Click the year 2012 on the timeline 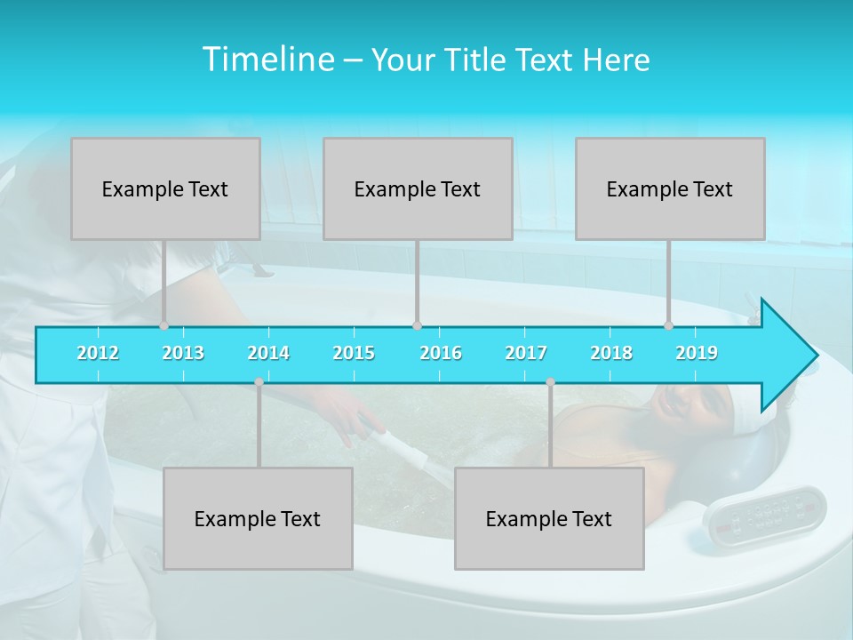click(x=98, y=353)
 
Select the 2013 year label click(x=183, y=353)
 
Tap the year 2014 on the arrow click(x=268, y=353)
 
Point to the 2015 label click(x=354, y=353)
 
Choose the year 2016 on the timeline click(x=441, y=353)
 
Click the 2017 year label click(x=526, y=353)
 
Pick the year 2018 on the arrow click(x=611, y=353)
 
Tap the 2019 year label click(x=697, y=353)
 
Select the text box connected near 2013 click(x=165, y=188)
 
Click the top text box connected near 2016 click(x=418, y=188)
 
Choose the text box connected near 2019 click(x=670, y=188)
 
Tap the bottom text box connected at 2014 click(x=258, y=518)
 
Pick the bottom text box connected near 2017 click(x=549, y=518)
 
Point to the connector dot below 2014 click(x=259, y=382)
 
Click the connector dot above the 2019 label click(x=669, y=325)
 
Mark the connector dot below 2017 click(x=550, y=382)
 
